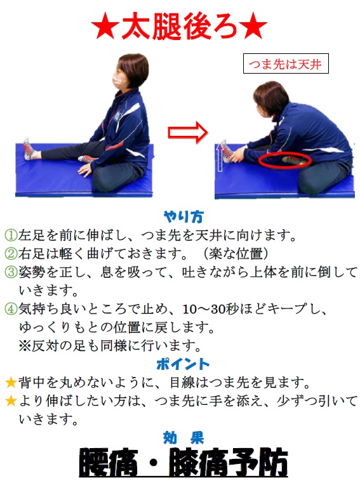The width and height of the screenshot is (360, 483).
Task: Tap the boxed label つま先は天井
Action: click(286, 63)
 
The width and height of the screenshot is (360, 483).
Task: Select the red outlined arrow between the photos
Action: click(188, 133)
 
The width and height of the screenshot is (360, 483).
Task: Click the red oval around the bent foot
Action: click(284, 160)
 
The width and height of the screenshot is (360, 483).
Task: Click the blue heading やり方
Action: click(183, 217)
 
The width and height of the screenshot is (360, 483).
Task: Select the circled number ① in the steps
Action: click(11, 235)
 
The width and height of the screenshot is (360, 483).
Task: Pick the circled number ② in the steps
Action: click(11, 253)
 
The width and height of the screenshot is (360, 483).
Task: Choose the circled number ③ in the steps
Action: click(11, 272)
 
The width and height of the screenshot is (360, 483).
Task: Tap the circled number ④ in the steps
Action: click(11, 308)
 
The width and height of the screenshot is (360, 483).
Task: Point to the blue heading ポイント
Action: click(183, 364)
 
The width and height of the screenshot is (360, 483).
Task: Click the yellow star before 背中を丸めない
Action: click(11, 383)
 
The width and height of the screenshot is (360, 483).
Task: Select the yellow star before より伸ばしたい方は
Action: click(11, 400)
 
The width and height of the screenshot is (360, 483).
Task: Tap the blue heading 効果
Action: click(183, 438)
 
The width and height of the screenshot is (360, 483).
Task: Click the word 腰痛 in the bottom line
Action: click(108, 463)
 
